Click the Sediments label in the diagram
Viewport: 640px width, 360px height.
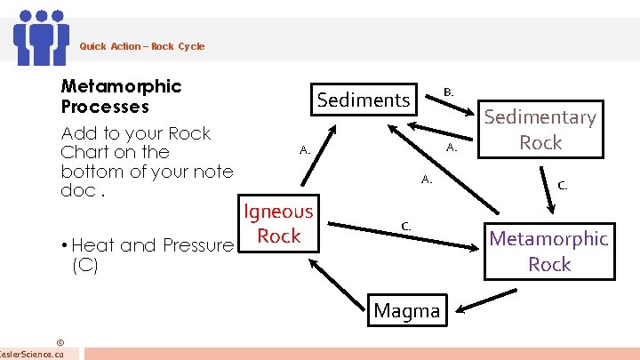click(x=364, y=100)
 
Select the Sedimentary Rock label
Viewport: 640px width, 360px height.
click(x=540, y=130)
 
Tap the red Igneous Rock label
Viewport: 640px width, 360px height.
click(x=279, y=223)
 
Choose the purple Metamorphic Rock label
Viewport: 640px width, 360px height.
click(x=549, y=251)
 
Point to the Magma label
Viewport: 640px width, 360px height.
click(x=407, y=310)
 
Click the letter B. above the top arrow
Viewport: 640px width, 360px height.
click(x=449, y=92)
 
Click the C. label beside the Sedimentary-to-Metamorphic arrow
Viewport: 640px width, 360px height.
click(x=562, y=186)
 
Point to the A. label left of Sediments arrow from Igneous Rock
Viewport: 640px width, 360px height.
click(x=304, y=150)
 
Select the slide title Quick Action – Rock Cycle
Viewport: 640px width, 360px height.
click(x=141, y=46)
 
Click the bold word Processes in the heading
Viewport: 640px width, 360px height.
click(x=105, y=107)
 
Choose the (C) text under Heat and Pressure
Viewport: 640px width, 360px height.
click(x=84, y=265)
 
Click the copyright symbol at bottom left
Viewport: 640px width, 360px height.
click(x=60, y=341)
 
